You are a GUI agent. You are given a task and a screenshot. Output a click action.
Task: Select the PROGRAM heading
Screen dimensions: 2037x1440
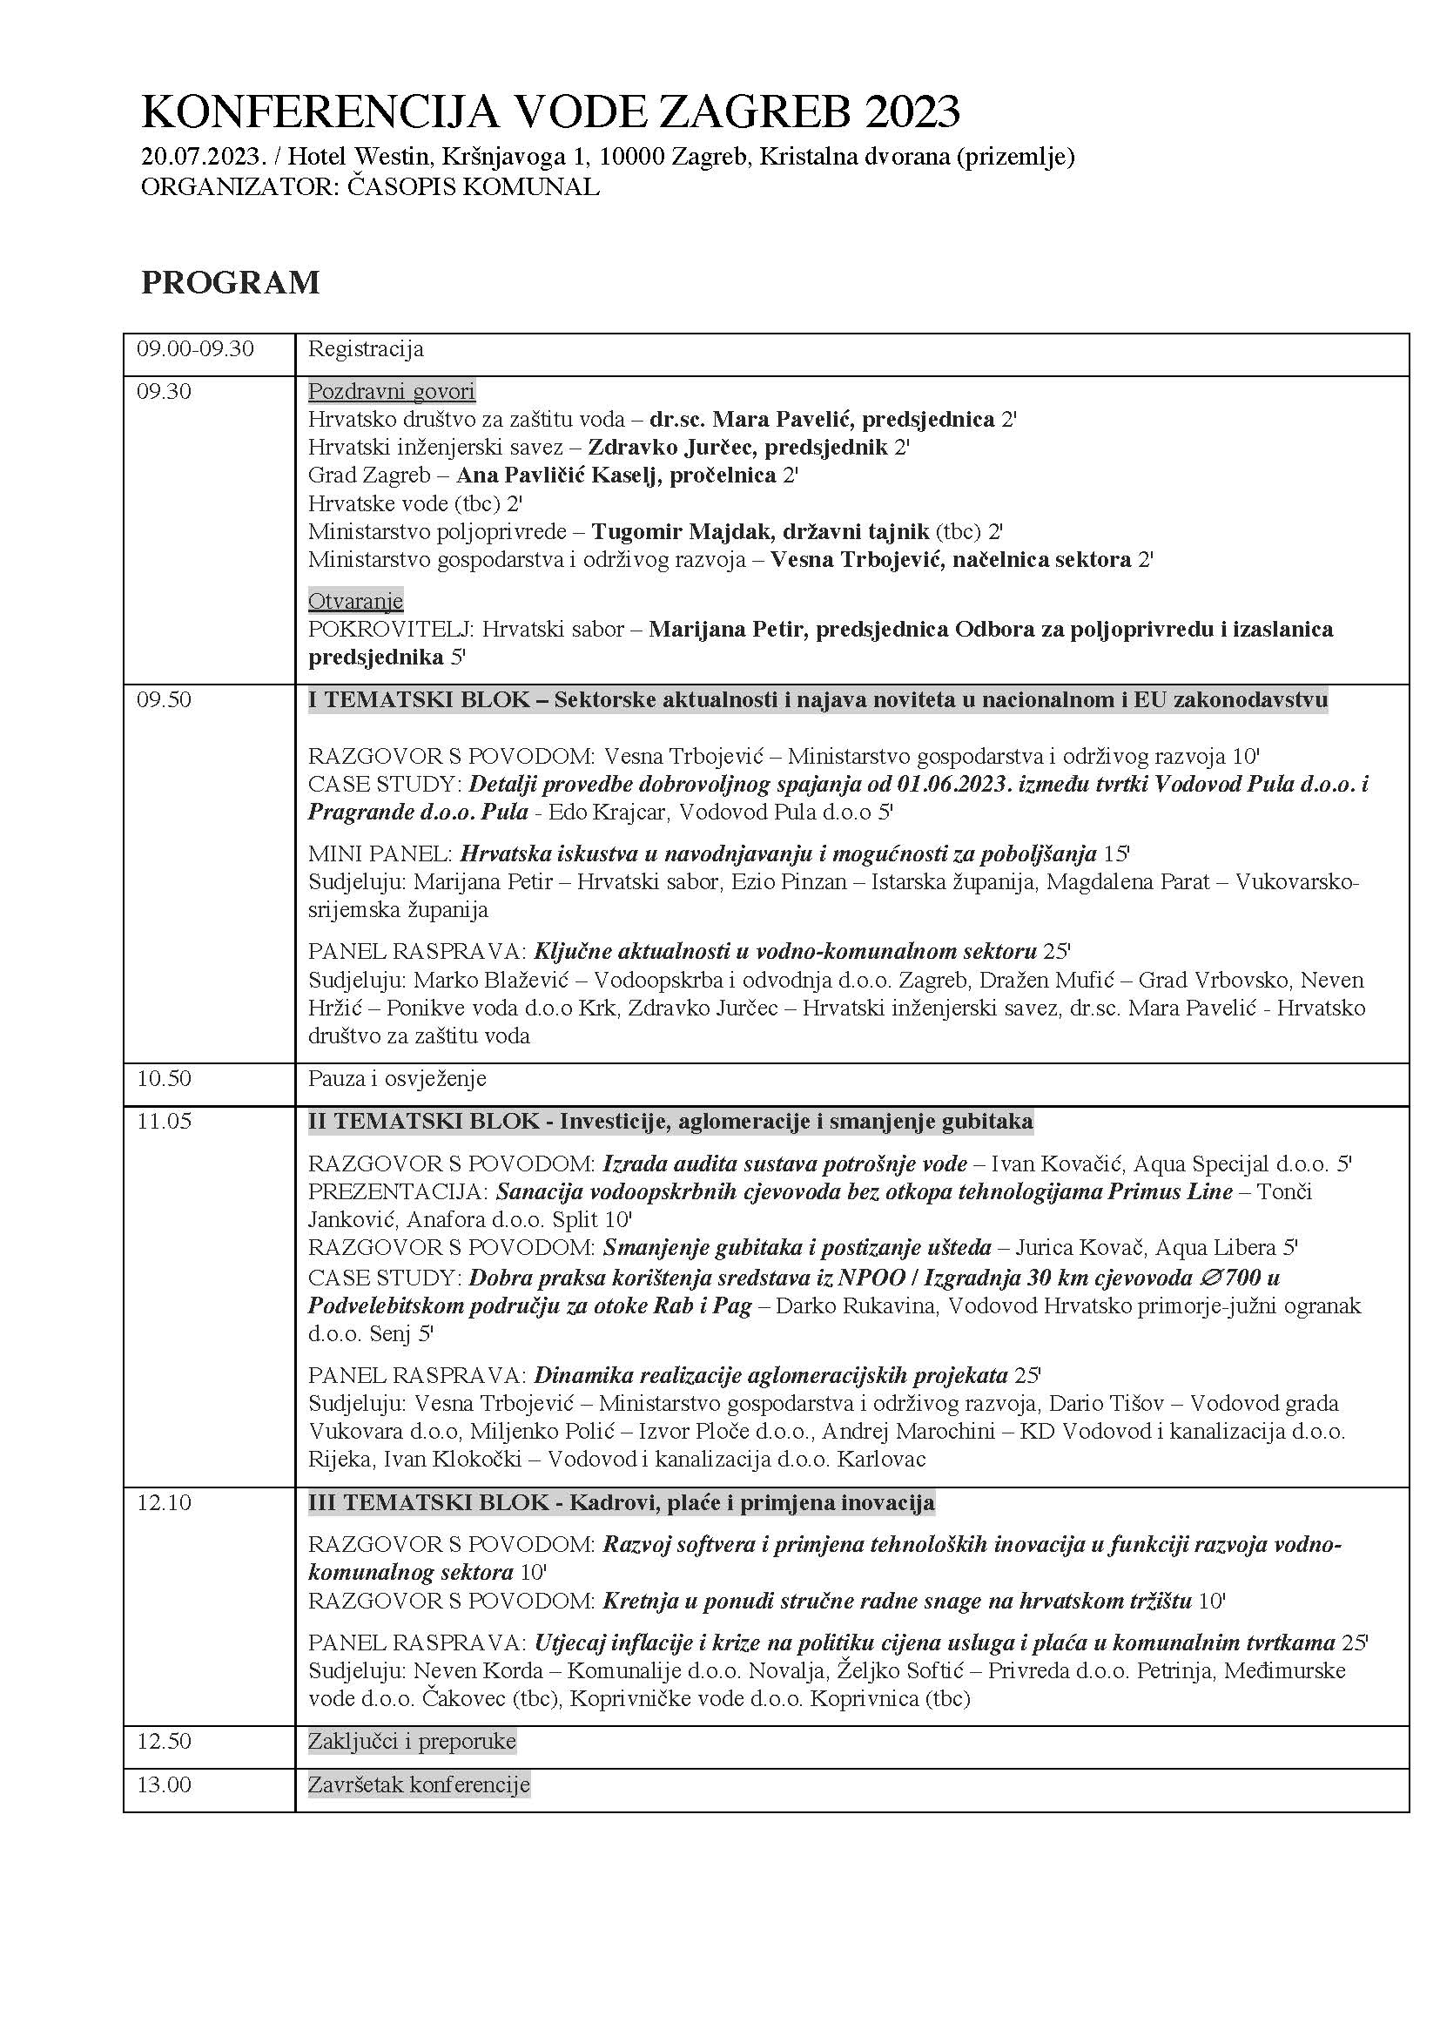[x=231, y=282]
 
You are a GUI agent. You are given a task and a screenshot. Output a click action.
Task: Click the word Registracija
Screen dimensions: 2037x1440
[x=366, y=348]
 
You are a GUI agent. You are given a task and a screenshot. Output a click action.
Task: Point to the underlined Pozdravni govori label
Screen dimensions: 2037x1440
[x=391, y=391]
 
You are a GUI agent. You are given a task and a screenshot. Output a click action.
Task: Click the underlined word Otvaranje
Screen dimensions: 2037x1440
[x=355, y=602]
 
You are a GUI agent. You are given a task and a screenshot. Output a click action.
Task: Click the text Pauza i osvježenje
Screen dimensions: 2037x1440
[x=397, y=1079]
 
